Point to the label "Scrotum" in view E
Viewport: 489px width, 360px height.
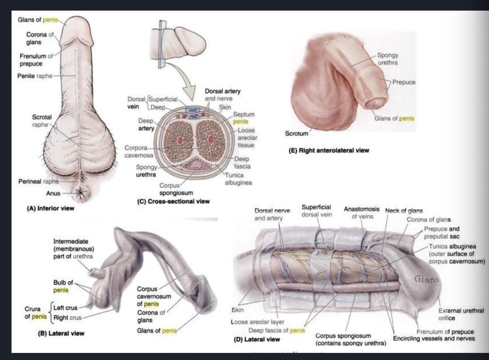tap(296, 133)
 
